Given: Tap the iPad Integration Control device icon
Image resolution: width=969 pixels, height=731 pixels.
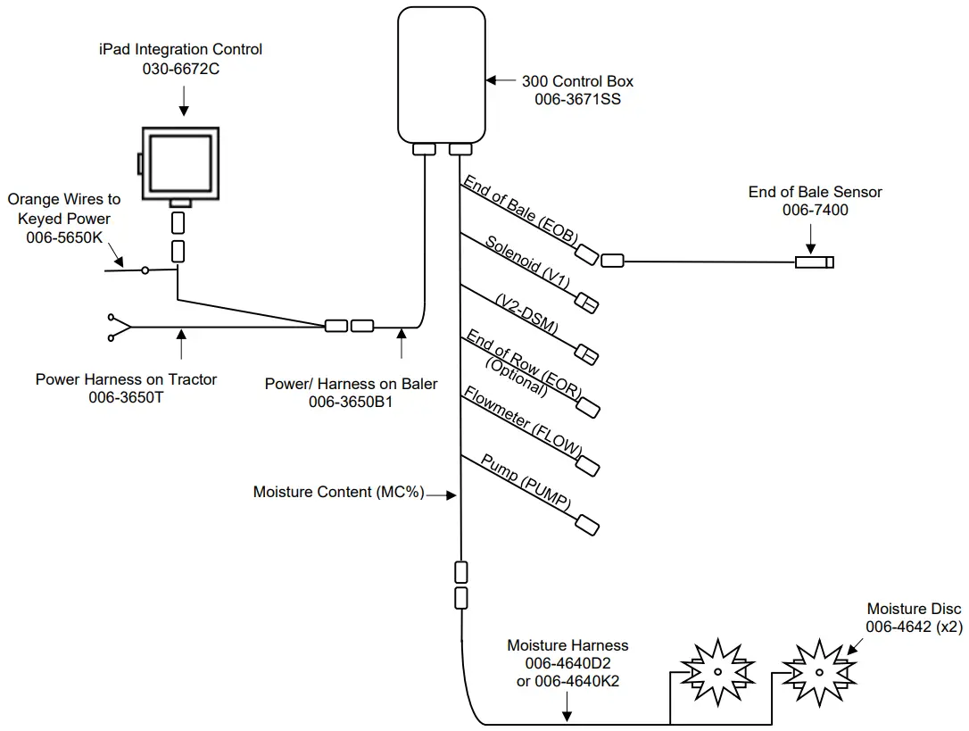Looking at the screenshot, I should point(179,162).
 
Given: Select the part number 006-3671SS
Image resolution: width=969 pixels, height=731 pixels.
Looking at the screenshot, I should point(577,100).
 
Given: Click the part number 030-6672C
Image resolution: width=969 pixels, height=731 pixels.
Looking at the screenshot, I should point(181,68).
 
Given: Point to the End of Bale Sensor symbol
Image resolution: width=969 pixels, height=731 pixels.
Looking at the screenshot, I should point(814,262).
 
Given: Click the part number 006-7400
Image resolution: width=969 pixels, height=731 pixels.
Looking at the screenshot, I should point(815,211).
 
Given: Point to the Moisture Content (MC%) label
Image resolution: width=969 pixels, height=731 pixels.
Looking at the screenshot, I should point(338,492).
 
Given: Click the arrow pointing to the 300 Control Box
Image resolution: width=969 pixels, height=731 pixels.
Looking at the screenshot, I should point(499,80).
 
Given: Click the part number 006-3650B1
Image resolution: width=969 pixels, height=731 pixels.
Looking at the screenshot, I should point(351,403).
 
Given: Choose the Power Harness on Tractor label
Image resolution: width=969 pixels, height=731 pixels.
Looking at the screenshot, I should point(126,379).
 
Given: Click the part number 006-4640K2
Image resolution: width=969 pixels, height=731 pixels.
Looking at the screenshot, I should point(567,681).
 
